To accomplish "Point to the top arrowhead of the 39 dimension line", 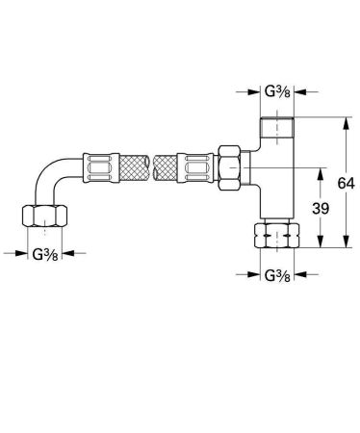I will pos(318,169).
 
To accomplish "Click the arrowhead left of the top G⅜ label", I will pos(253,94).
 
